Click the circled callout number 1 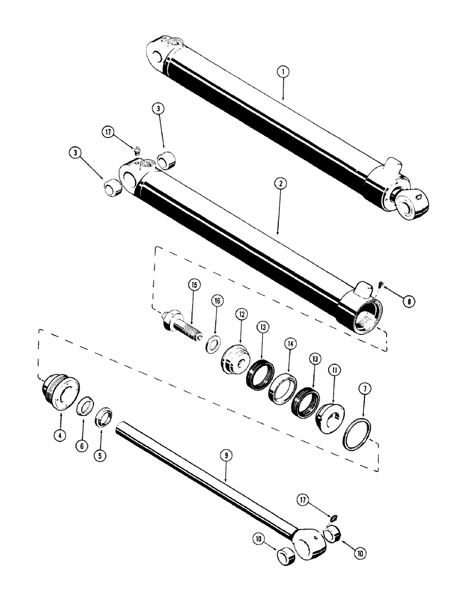point(284,72)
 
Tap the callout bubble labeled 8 point(408,301)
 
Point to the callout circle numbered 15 point(193,285)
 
